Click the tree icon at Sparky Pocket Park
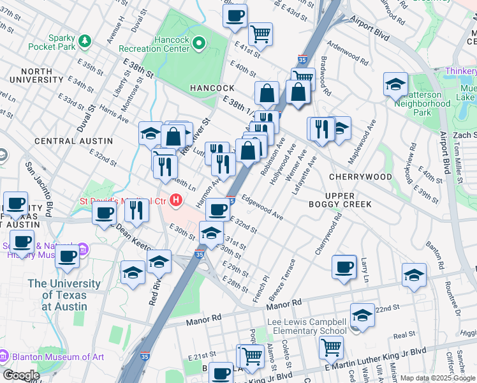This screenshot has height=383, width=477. click(84, 41)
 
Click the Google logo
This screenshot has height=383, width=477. click(21, 375)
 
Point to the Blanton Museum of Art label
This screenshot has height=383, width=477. click(57, 357)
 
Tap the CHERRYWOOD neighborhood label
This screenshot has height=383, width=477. click(360, 176)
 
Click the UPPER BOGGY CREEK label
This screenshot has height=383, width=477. click(348, 200)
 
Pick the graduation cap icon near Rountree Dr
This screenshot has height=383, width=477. click(414, 274)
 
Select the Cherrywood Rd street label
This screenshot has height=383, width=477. click(329, 235)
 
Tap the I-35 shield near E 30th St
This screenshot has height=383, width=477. click(200, 254)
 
